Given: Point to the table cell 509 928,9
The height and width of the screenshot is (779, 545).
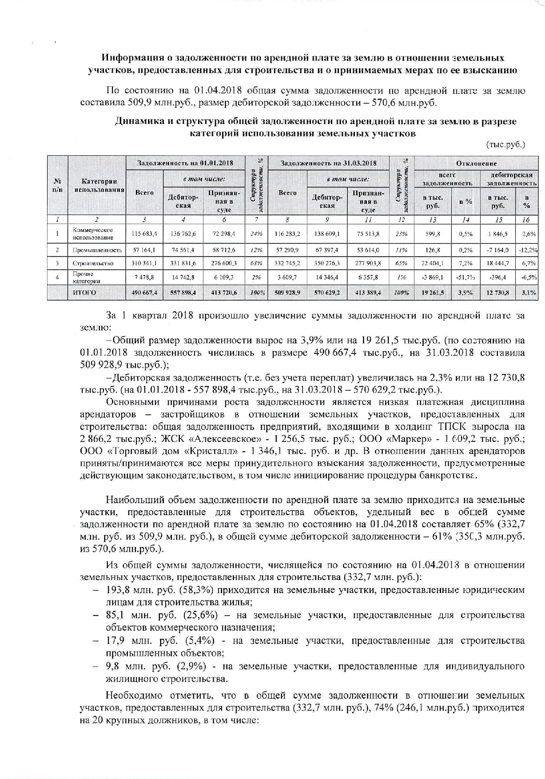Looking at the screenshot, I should (287, 293).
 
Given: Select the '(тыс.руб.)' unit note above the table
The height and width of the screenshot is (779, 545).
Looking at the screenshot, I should (506, 145).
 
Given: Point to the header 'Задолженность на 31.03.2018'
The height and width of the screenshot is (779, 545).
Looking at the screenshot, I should (329, 163).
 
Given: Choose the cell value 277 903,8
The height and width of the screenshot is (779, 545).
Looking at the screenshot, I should (368, 263).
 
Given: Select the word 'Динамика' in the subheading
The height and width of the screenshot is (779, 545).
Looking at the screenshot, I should (136, 121).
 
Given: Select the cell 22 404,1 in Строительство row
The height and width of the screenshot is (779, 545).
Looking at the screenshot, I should (433, 263).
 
